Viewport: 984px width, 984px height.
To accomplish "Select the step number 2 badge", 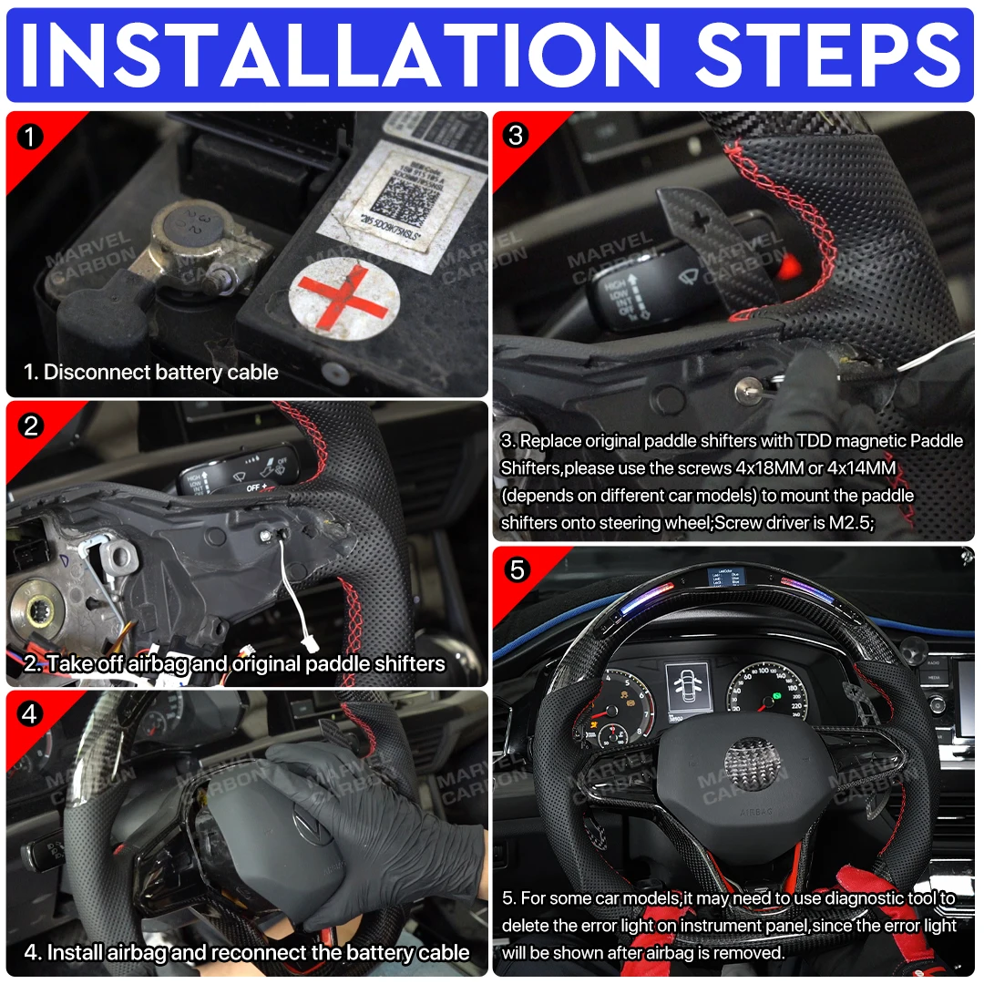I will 31,425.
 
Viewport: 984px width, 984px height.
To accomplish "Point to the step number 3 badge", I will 517,136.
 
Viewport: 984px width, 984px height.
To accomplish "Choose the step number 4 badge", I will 31,714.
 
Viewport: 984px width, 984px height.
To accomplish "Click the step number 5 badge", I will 517,570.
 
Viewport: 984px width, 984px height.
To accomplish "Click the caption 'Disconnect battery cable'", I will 151,372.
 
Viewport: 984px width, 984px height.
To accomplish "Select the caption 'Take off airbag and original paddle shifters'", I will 235,663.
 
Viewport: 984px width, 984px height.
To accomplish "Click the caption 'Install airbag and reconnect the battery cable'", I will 247,953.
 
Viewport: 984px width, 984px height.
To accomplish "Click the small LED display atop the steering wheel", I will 725,579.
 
